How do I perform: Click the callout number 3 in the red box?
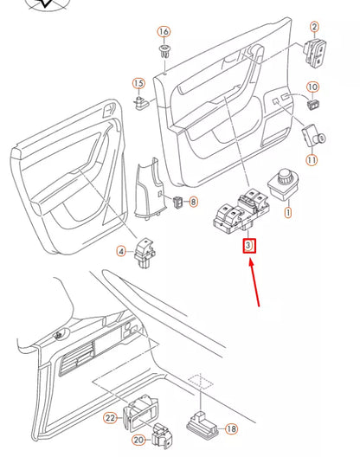coord(249,246)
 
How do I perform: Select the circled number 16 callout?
coord(164,32)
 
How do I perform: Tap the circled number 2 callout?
coord(314,28)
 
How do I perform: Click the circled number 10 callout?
coord(312,87)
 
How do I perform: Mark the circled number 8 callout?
coord(192,202)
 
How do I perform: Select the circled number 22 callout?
coord(111,418)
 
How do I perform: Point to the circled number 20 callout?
coord(138,440)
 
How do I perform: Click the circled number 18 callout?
coord(231,428)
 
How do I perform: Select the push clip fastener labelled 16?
coord(164,55)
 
